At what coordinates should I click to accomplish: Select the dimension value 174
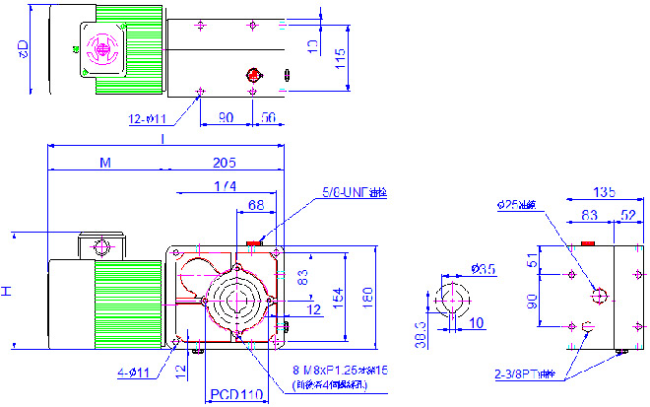(x=225, y=186)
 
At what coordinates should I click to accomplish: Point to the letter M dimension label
(x=104, y=163)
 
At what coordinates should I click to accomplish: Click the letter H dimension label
(x=7, y=292)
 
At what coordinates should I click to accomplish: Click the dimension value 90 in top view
(x=226, y=117)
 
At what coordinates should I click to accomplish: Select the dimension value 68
(x=255, y=205)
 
